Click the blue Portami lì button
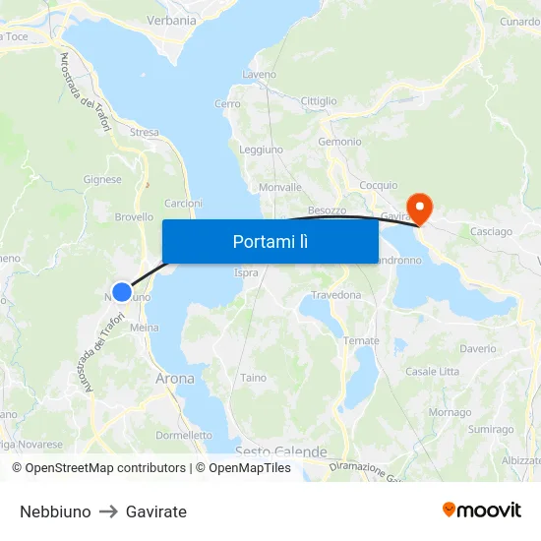(270, 241)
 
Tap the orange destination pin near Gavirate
(420, 208)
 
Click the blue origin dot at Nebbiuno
(122, 291)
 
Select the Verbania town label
(171, 20)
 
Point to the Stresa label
(144, 132)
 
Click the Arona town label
(175, 378)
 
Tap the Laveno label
(260, 74)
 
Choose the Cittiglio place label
(319, 101)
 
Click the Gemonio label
(339, 142)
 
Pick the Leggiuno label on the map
(262, 150)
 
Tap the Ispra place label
(245, 272)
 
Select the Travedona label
(337, 294)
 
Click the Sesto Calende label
(280, 451)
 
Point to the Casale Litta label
(433, 371)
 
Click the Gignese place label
(103, 180)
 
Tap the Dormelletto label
(184, 435)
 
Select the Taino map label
(253, 377)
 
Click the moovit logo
(482, 511)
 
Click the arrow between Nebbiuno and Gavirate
(108, 511)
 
